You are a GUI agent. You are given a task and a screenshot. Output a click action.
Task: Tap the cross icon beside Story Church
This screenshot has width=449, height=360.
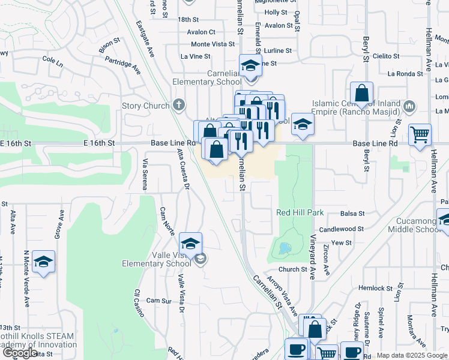pos(178,106)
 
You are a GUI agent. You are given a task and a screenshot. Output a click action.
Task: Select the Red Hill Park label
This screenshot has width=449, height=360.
pos(300,213)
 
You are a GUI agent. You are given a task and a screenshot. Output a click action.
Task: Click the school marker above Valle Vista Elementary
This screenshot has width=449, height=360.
pos(190,244)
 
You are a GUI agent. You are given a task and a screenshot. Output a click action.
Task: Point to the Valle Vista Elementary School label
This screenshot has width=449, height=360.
pos(156,259)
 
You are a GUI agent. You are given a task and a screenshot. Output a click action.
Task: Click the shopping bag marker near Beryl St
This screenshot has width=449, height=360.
pos(361,94)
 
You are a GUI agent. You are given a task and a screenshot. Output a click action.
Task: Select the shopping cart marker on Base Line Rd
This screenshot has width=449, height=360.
pos(420,134)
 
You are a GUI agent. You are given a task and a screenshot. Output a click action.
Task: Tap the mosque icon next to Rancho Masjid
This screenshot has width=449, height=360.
pos(410,107)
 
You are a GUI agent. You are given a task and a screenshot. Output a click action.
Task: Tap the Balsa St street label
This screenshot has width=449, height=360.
pos(352,214)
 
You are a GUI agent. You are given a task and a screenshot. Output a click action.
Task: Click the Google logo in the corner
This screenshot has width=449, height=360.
pos(20,353)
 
